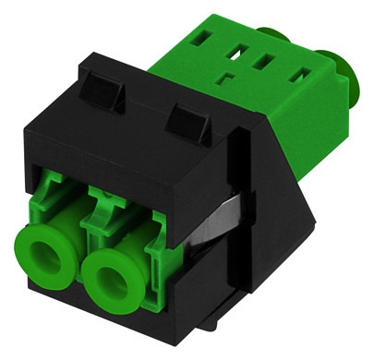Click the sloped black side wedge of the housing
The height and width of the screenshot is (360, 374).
click(277, 203)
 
